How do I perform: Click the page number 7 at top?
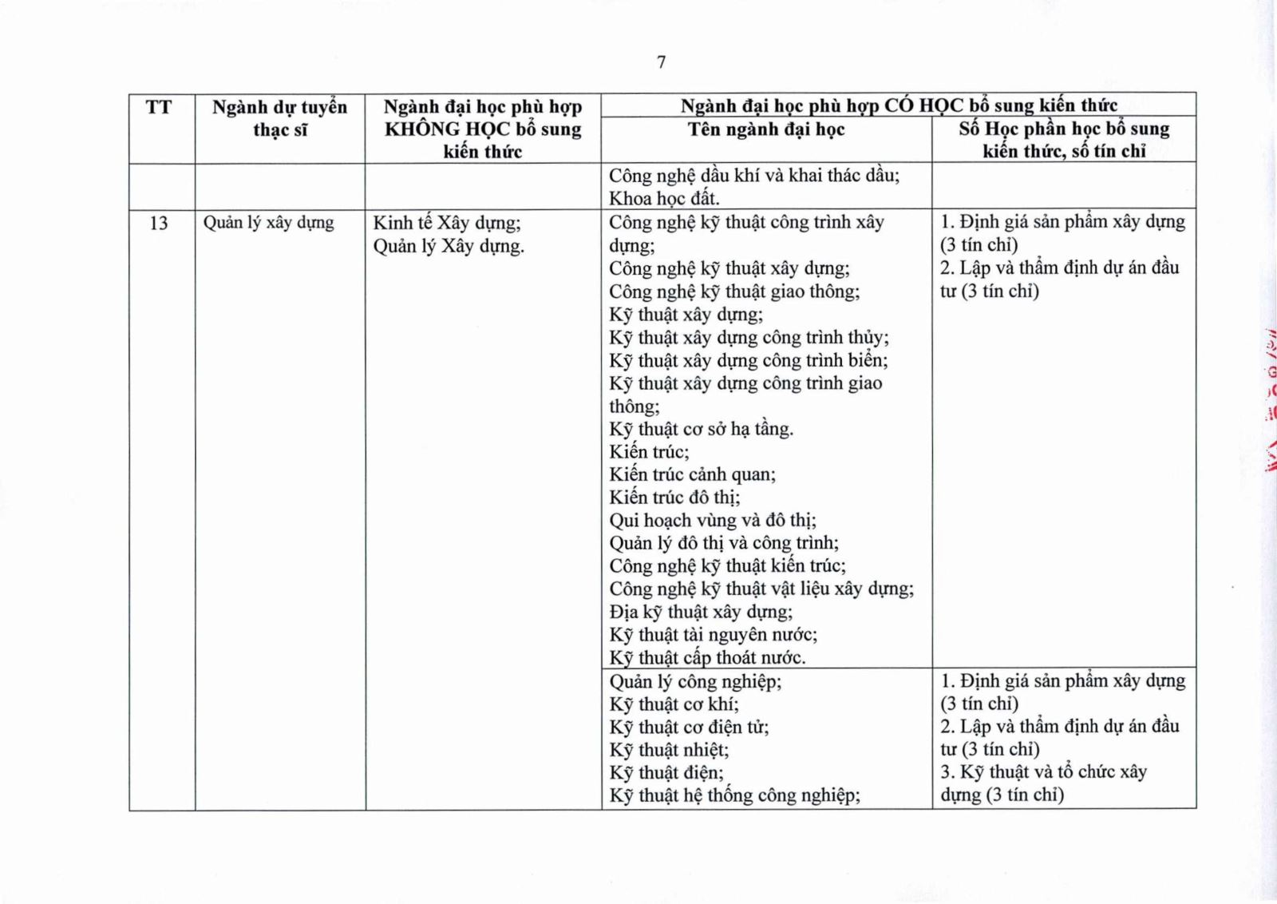661,62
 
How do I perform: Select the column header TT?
159,107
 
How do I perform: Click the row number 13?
159,223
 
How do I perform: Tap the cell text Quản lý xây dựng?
268,223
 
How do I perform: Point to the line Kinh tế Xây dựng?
447,223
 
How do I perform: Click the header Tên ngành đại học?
766,129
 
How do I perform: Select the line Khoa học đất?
664,198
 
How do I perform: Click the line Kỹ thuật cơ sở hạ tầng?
701,429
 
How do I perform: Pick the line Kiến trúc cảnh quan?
692,474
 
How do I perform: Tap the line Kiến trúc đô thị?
674,498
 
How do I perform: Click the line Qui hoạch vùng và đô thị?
713,521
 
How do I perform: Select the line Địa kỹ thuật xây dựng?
701,613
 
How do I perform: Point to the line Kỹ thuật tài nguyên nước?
713,635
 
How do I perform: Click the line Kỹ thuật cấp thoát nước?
707,658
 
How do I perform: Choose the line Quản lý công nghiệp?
695,682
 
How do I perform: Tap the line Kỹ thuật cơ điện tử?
689,728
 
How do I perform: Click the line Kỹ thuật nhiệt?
669,750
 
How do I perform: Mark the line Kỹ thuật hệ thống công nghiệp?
734,795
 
